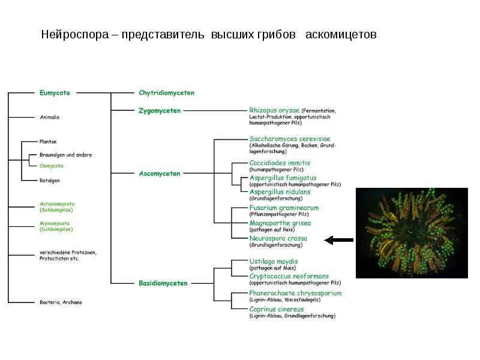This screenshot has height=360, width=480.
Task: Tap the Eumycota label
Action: (x=55, y=93)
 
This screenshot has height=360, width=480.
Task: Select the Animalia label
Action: (x=49, y=117)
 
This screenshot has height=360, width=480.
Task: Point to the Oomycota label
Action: (x=51, y=166)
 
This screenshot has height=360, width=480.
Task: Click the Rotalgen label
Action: (x=49, y=180)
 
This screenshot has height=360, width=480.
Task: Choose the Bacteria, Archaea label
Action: (x=60, y=302)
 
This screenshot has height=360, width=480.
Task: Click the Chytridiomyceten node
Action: (x=166, y=93)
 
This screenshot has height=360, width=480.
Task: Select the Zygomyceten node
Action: (x=159, y=110)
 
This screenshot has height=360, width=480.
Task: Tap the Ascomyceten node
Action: (x=159, y=173)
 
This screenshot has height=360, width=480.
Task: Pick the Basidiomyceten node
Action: (x=163, y=283)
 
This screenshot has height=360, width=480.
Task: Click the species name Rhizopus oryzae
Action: (x=274, y=110)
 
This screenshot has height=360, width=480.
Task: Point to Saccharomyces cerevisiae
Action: (x=290, y=139)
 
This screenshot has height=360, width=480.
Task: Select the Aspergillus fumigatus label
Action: (x=283, y=178)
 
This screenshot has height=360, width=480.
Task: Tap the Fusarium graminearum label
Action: (x=284, y=208)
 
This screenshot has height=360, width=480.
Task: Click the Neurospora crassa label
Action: (x=278, y=238)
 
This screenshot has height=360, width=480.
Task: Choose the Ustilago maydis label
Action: (x=274, y=261)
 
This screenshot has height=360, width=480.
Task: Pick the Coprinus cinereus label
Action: (x=277, y=309)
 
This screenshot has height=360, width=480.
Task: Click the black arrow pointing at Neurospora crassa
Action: (x=338, y=240)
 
